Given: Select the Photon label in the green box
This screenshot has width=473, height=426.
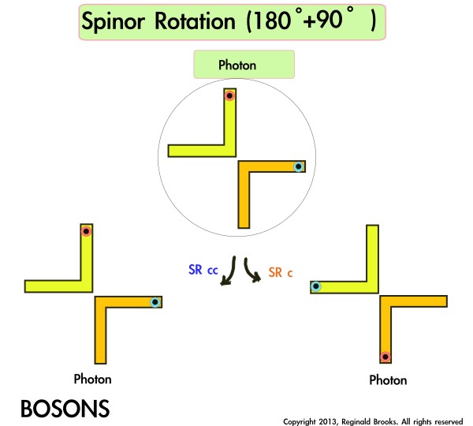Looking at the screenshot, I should pyautogui.click(x=237, y=65).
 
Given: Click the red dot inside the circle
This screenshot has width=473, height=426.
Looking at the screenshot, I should pyautogui.click(x=229, y=96).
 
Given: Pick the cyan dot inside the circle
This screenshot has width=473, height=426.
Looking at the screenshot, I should pyautogui.click(x=298, y=166).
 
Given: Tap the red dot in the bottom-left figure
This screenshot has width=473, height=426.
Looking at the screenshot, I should pyautogui.click(x=86, y=231).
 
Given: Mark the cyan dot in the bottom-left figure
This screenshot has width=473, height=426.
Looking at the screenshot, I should pyautogui.click(x=155, y=301).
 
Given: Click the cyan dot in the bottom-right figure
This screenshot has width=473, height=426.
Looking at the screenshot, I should pyautogui.click(x=315, y=286).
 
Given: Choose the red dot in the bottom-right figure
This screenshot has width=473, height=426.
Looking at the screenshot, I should pyautogui.click(x=385, y=356).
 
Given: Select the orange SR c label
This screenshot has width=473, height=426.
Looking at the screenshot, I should pyautogui.click(x=281, y=272).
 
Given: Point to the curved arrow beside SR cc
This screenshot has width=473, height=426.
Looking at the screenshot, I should pyautogui.click(x=228, y=272).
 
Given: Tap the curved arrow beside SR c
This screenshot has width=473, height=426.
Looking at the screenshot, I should pyautogui.click(x=252, y=273).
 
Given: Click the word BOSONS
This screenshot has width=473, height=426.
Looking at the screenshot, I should pyautogui.click(x=65, y=409).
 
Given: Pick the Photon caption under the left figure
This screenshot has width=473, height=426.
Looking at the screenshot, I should pyautogui.click(x=92, y=379).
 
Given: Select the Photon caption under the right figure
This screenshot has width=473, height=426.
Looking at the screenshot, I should pyautogui.click(x=388, y=380).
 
